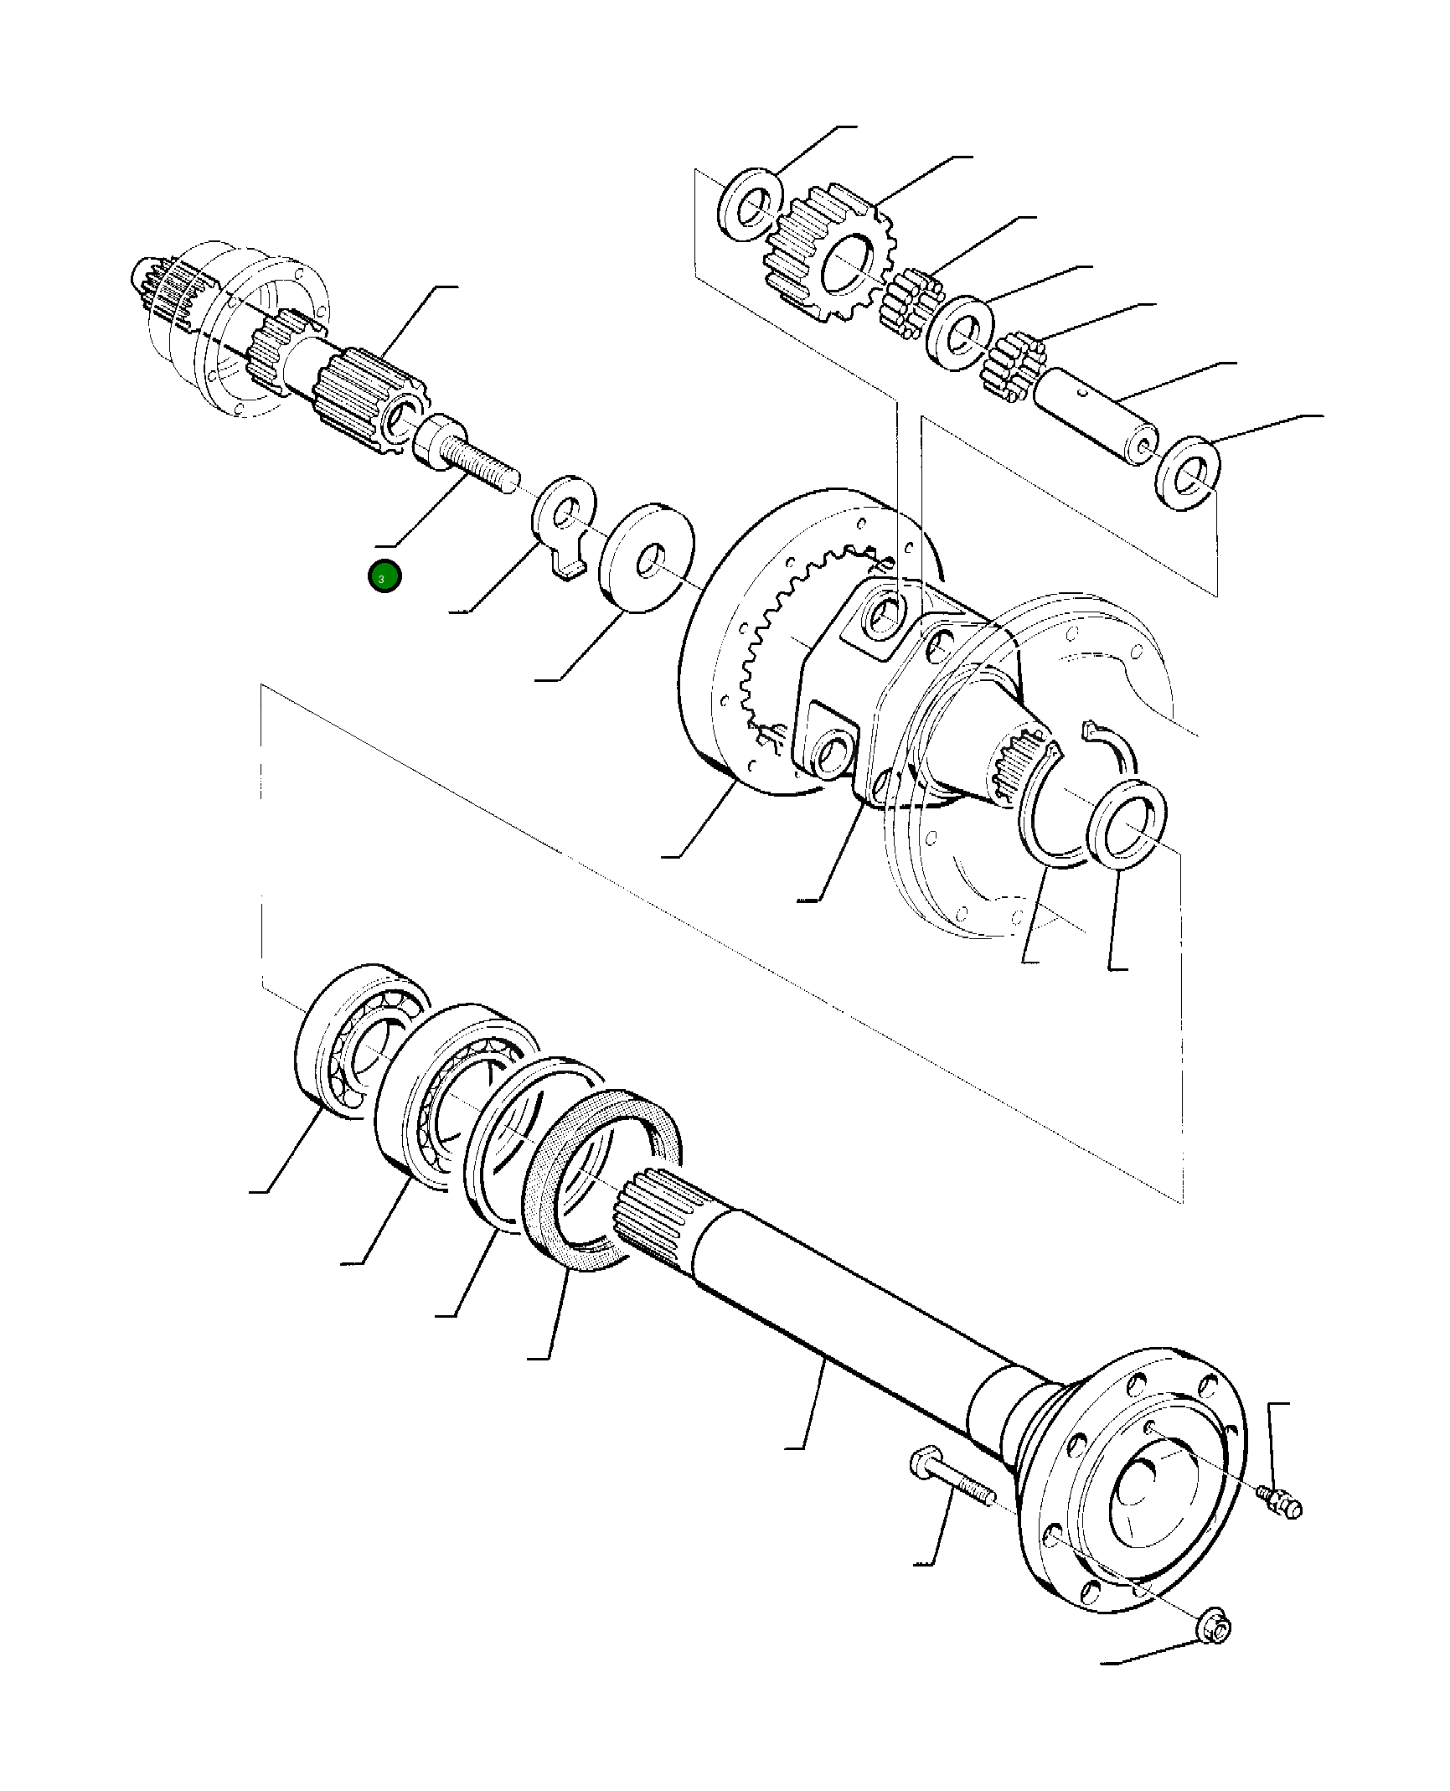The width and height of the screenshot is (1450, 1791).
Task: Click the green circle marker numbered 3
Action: (x=384, y=576)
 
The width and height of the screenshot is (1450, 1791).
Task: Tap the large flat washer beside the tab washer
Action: (x=648, y=558)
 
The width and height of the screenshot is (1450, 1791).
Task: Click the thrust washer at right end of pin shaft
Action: (x=1187, y=473)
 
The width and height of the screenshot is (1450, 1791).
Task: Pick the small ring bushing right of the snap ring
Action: (x=1127, y=823)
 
